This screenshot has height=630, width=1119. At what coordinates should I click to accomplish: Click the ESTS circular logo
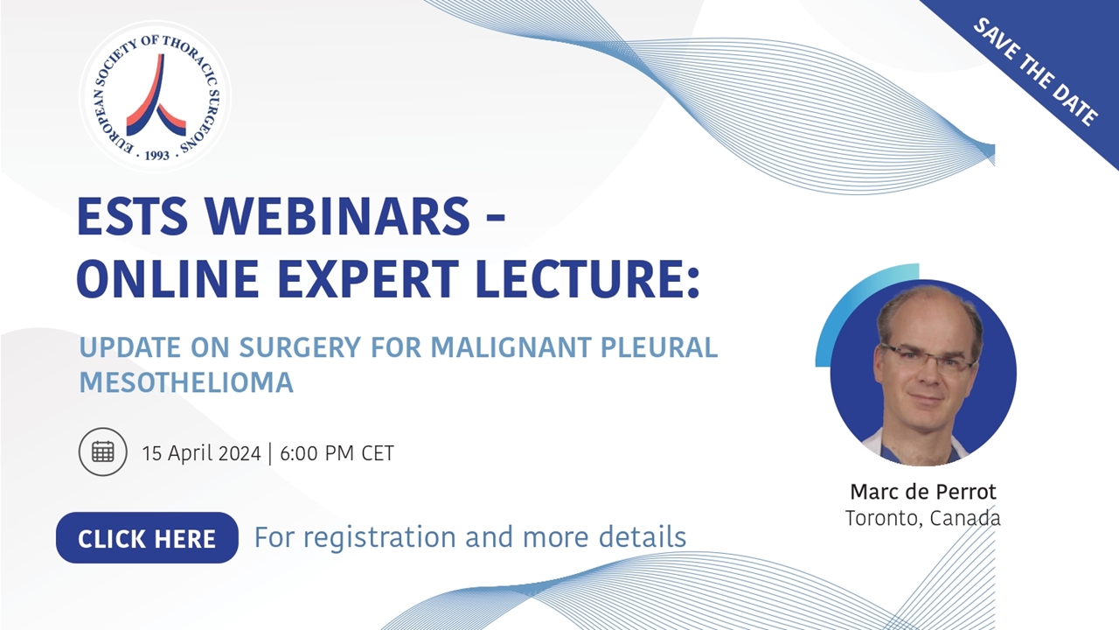point(156,95)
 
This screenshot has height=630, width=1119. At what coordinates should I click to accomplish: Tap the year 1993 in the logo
point(156,155)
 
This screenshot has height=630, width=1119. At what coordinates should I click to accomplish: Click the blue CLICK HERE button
point(147,537)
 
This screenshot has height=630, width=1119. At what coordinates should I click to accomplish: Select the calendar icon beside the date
point(103,451)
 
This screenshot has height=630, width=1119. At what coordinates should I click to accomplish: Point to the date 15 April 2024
point(201,453)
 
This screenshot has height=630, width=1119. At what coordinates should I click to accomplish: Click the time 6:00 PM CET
point(337,453)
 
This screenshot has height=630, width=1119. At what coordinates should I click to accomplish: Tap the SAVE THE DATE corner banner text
point(1036,72)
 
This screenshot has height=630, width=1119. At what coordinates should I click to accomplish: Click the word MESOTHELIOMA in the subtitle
point(186,382)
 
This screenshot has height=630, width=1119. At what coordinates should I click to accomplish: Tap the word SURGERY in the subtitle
point(299,347)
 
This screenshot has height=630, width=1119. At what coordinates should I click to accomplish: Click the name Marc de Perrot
point(922,492)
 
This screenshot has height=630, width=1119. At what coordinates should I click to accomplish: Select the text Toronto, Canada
point(922,518)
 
